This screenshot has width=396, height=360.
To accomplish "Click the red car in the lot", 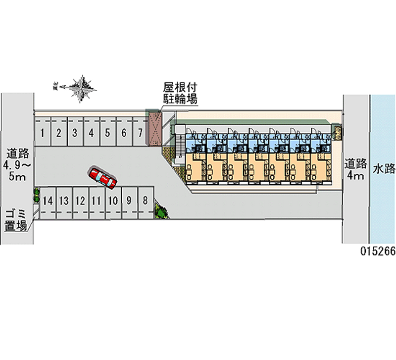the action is (102, 178).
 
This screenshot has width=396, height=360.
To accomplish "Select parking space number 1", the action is (44, 132).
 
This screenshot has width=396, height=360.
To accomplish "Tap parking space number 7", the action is (141, 132).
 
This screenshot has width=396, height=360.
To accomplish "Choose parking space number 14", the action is (48, 201).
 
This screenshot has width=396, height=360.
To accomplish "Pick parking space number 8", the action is (145, 201).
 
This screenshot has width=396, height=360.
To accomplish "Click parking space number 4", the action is (92, 132).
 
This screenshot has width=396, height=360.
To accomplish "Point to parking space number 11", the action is (97, 201).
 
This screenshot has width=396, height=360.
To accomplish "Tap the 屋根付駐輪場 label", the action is (180, 93).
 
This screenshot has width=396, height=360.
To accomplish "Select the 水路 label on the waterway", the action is (384, 169).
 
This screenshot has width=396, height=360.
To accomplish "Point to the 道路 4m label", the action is (356, 169).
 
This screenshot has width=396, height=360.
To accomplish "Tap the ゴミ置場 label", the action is (16, 220).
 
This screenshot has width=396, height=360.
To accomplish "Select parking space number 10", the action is (113, 201).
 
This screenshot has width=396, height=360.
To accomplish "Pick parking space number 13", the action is (64, 201).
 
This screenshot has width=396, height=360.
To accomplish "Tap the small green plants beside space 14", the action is (36, 195).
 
